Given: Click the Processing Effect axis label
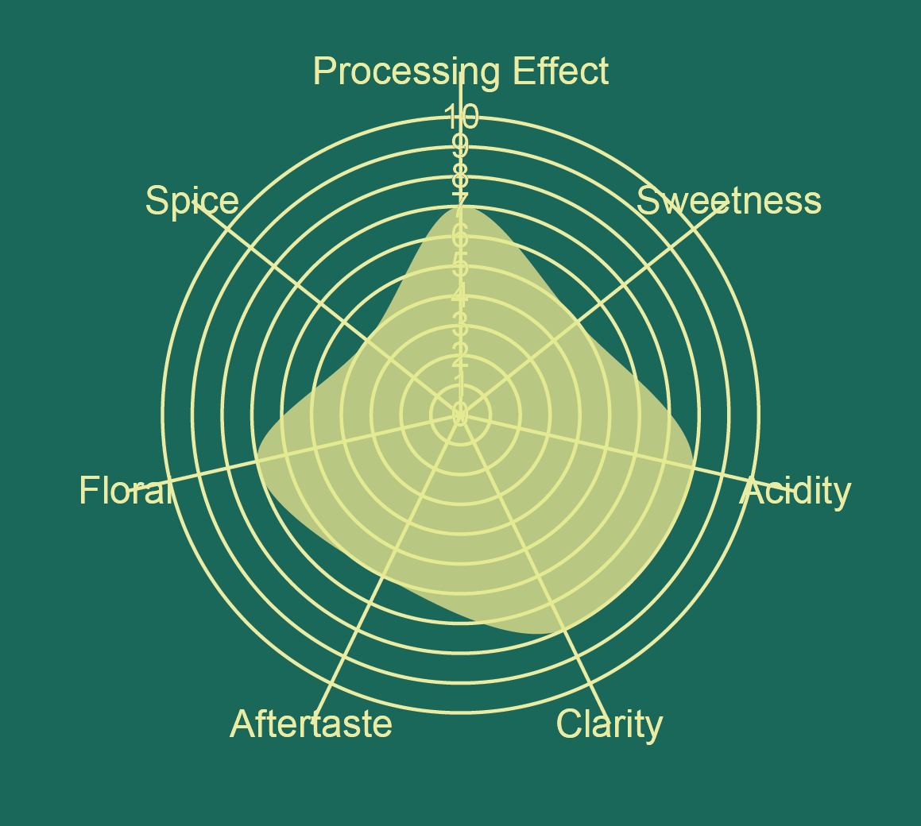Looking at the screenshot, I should (x=461, y=71).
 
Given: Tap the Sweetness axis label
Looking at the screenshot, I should (x=729, y=201).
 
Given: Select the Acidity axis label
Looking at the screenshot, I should (x=795, y=492).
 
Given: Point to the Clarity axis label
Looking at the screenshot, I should (x=609, y=724).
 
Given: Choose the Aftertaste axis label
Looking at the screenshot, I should (x=311, y=724).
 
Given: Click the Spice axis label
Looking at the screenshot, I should (x=192, y=201).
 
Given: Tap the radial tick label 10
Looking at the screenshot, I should (x=461, y=118).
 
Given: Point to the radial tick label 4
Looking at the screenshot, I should (x=460, y=296).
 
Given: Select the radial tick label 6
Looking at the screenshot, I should (x=460, y=237).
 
